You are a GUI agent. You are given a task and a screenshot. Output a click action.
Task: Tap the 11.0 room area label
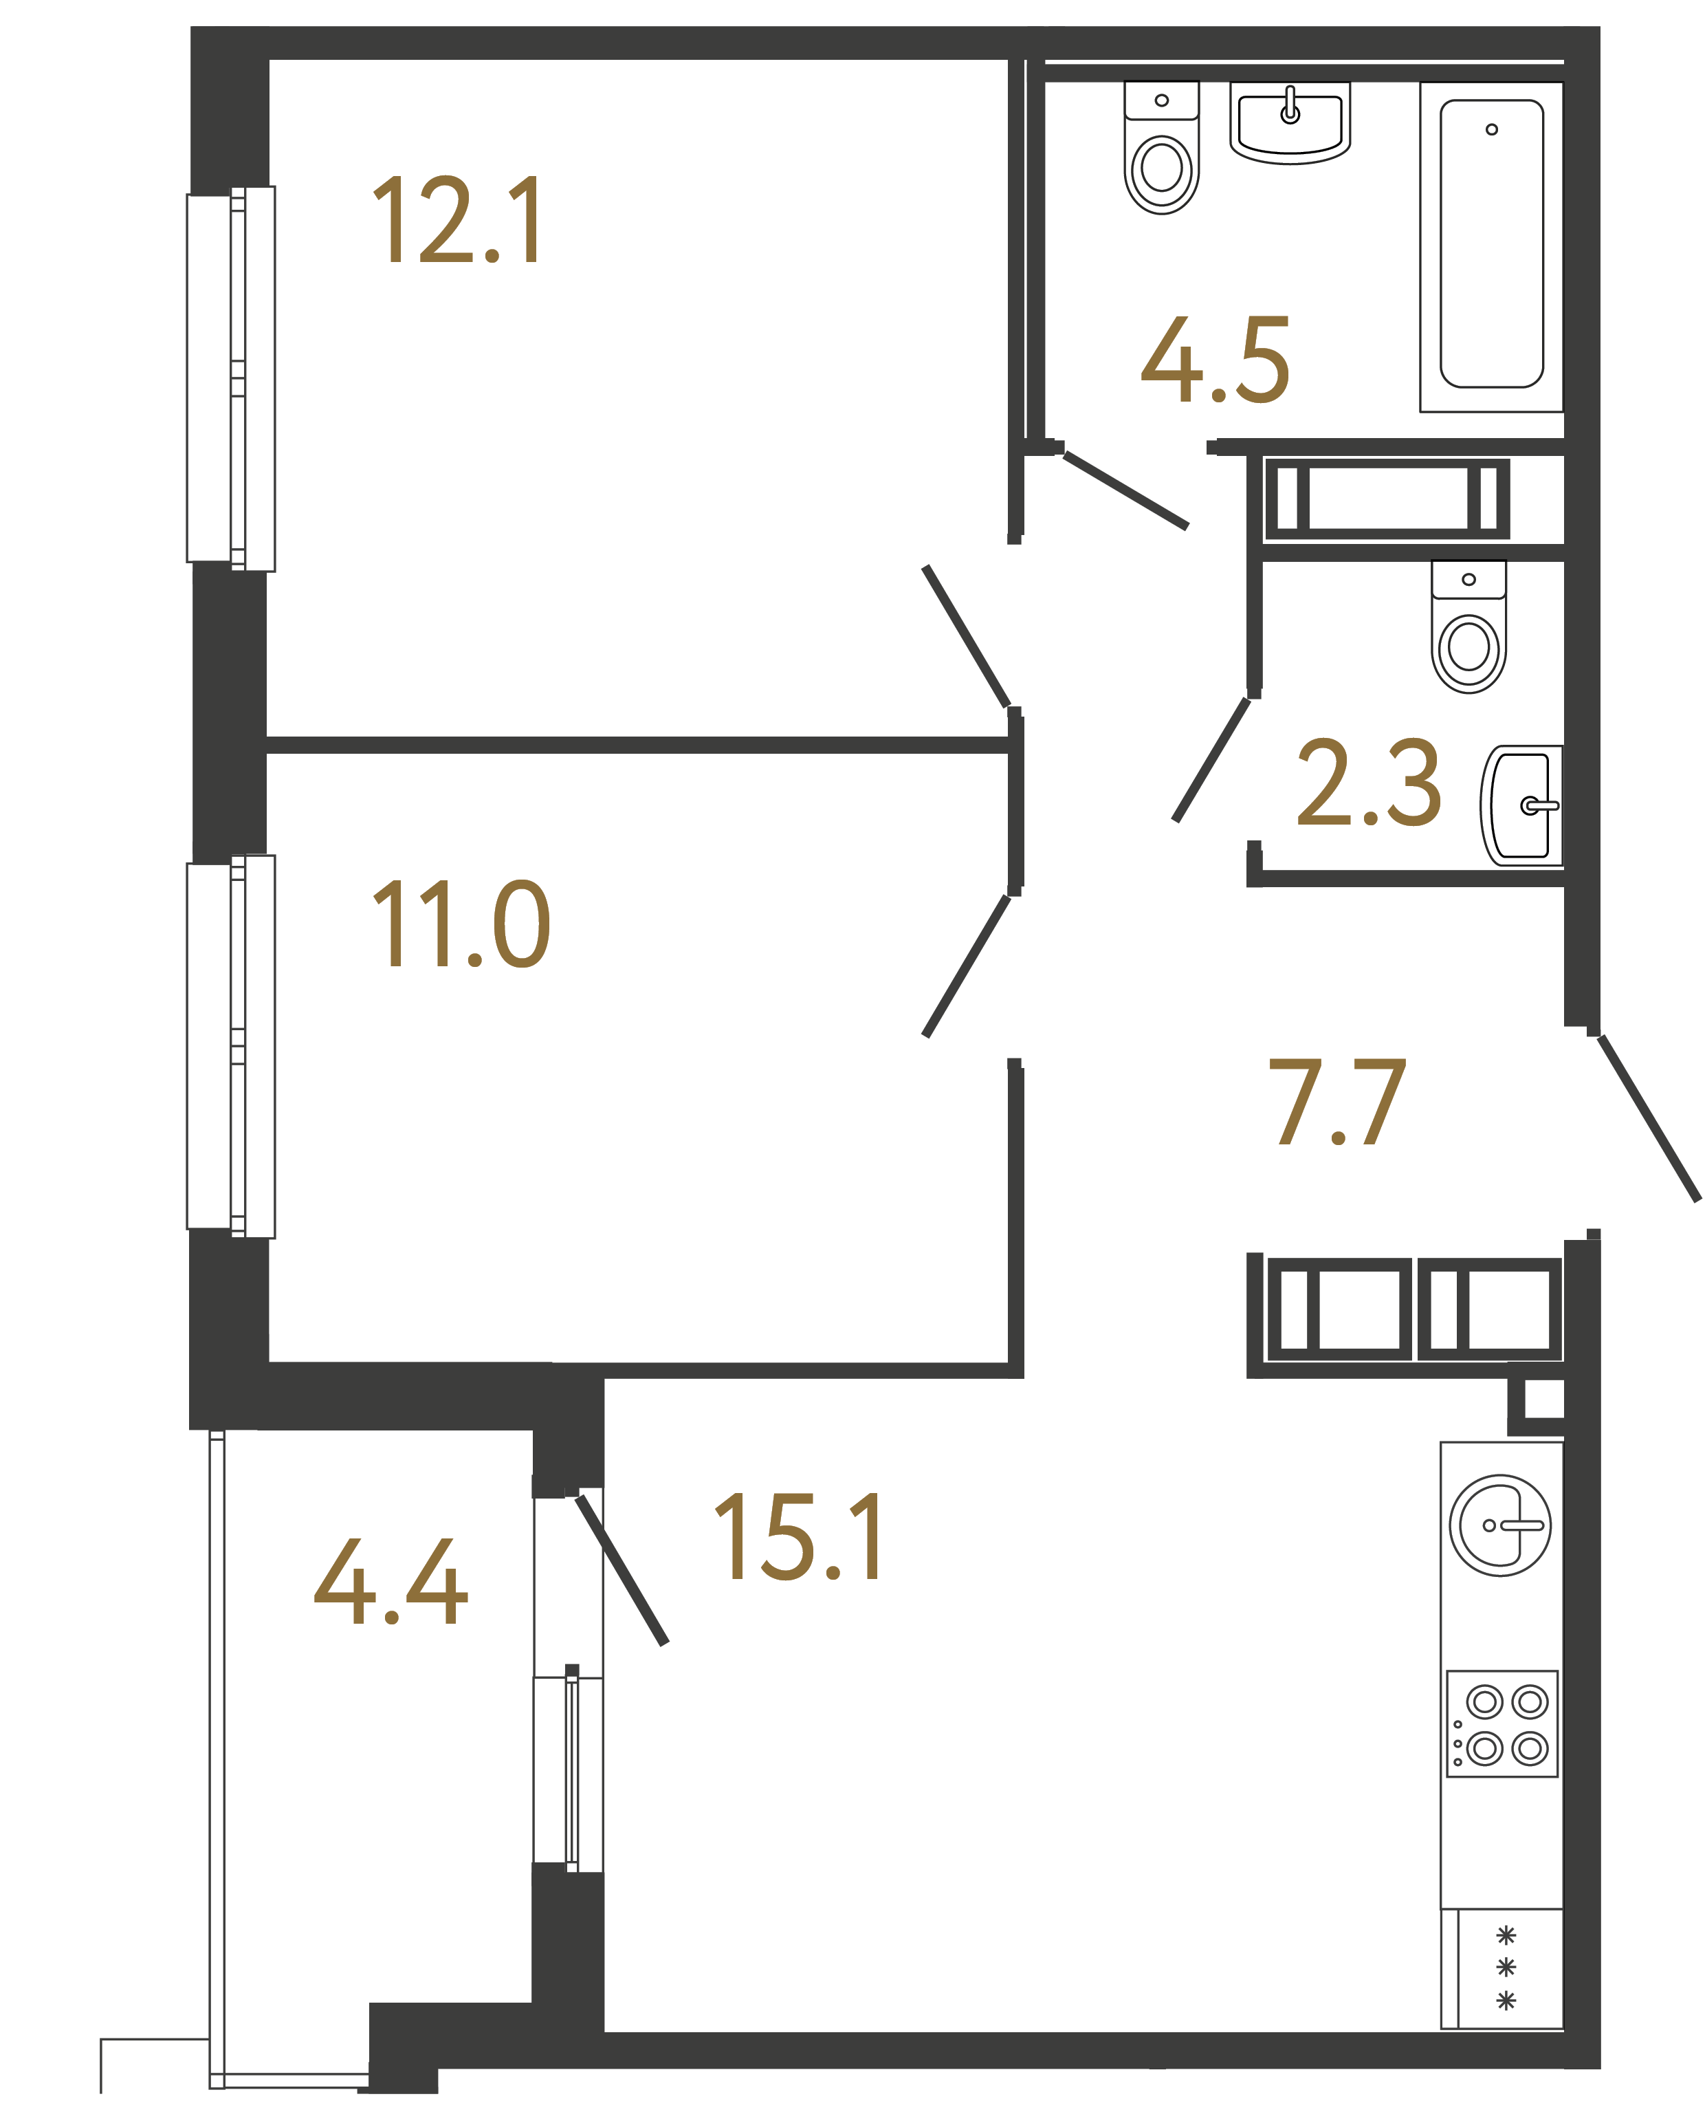pyautogui.click(x=461, y=924)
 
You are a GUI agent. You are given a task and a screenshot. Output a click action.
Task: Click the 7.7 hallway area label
pyautogui.click(x=1338, y=1102)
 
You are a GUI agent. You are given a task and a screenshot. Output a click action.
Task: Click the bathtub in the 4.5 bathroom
pyautogui.click(x=1491, y=246)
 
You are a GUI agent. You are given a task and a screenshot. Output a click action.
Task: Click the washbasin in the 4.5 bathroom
pyautogui.click(x=1290, y=123)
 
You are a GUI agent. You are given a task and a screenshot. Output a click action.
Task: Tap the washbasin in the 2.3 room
pyautogui.click(x=1522, y=805)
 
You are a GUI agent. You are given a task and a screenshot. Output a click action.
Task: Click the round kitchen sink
pyautogui.click(x=1499, y=1525)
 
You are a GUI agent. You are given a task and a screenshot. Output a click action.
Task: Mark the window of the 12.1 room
pyautogui.click(x=231, y=378)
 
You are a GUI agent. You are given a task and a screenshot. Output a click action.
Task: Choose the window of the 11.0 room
pyautogui.click(x=231, y=1046)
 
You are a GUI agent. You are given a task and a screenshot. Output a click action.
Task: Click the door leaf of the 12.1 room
pyautogui.click(x=967, y=637)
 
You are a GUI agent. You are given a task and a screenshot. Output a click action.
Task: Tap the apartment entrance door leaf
pyautogui.click(x=1648, y=1118)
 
